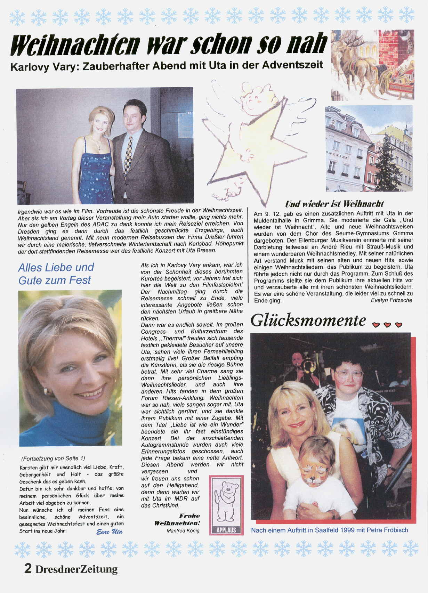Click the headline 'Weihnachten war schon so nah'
[x=169, y=44]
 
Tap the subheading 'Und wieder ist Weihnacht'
[x=334, y=204]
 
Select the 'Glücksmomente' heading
[x=308, y=320]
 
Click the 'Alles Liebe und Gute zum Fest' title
[x=56, y=274]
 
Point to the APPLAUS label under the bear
[x=226, y=530]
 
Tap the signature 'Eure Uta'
[x=109, y=531]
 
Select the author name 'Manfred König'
[x=183, y=531]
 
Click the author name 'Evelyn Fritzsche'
[x=391, y=300]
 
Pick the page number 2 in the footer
[x=28, y=569]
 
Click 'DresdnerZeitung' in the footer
[x=76, y=569]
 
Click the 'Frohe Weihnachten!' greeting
[x=177, y=519]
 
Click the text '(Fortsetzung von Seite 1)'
[x=53, y=458]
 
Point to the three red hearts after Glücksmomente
[x=387, y=325]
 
